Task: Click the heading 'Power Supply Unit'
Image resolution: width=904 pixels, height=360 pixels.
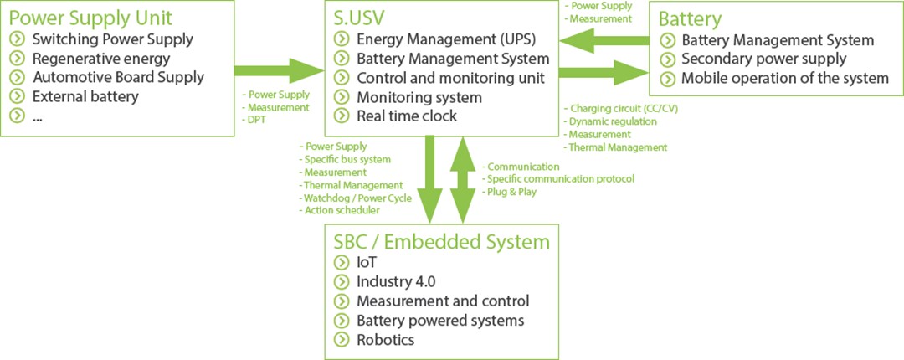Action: (90, 18)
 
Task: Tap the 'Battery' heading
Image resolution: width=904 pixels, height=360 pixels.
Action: (691, 19)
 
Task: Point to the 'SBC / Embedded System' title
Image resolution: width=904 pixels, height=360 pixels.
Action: (442, 242)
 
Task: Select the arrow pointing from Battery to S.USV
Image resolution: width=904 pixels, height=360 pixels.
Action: (604, 39)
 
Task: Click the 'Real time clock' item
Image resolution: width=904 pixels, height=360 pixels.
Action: (407, 116)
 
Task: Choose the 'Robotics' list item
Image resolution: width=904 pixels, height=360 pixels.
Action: (385, 339)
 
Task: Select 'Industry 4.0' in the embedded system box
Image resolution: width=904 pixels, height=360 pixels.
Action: (396, 281)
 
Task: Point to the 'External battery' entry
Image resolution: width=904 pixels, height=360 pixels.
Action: (85, 96)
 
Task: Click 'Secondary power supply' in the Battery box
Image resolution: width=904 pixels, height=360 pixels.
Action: (764, 59)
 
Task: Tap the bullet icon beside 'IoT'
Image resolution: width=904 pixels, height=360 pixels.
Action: (341, 262)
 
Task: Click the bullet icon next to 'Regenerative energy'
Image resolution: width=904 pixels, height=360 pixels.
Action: (18, 59)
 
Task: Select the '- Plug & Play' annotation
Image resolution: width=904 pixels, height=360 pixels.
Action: (511, 192)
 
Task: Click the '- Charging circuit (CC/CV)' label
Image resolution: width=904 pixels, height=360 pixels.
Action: (615, 109)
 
